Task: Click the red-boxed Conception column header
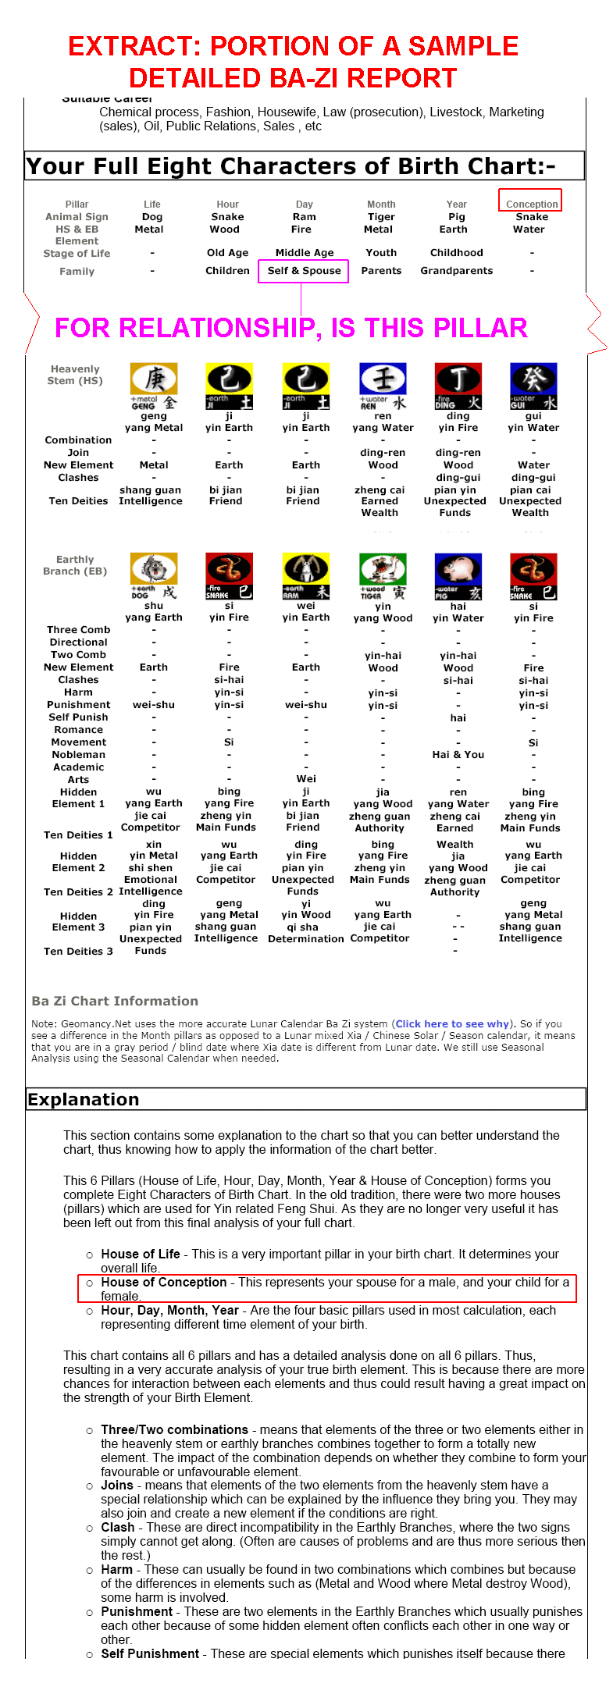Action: tap(531, 204)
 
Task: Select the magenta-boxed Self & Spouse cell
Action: tap(304, 271)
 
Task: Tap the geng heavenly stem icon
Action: tap(154, 386)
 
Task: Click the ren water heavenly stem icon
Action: tap(383, 386)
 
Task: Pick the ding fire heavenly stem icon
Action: tap(458, 386)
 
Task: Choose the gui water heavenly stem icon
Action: tap(533, 386)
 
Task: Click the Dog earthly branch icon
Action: tap(154, 576)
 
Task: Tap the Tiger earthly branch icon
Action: tap(383, 576)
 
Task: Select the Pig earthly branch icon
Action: tap(458, 576)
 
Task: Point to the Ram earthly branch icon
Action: tap(306, 576)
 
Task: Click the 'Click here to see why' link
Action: tap(453, 1023)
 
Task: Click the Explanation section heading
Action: tap(84, 1099)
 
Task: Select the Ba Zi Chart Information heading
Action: tap(115, 1001)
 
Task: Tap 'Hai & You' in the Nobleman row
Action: tap(458, 755)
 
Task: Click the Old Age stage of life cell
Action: tap(227, 253)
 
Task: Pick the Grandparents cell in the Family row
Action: tap(456, 271)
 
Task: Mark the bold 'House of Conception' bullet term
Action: tap(163, 1282)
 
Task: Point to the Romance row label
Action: tap(78, 730)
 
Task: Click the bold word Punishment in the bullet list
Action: tap(137, 1611)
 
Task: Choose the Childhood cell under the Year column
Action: tap(456, 253)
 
